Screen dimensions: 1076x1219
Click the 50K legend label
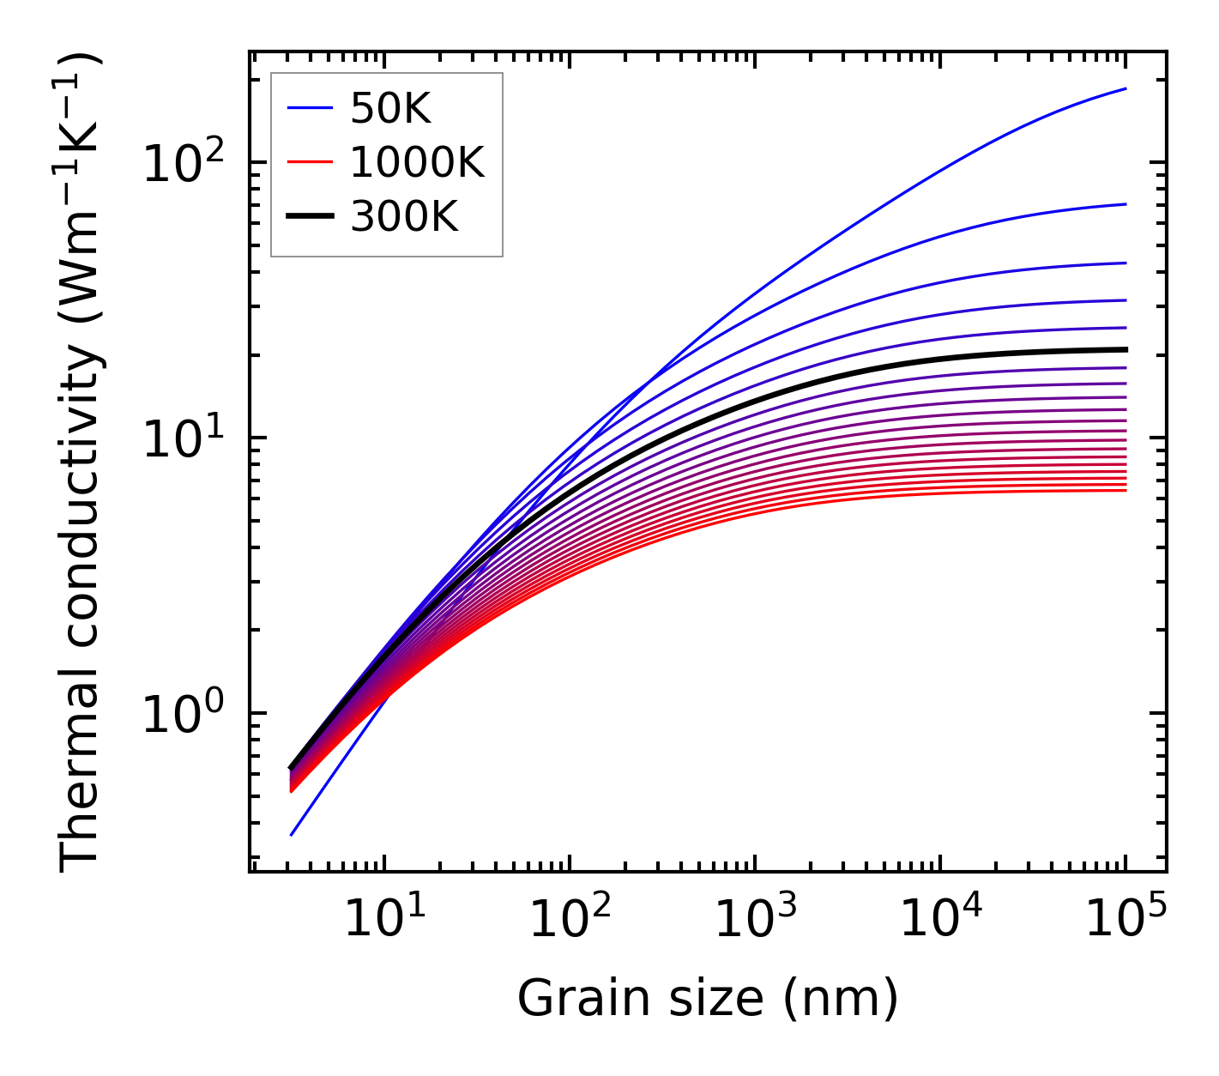pyautogui.click(x=389, y=108)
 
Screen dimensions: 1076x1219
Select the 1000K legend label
pyautogui.click(x=417, y=162)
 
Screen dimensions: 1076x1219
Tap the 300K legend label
pyautogui.click(x=404, y=217)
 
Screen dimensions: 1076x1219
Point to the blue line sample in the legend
pyautogui.click(x=309, y=108)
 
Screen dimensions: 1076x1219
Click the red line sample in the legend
pyautogui.click(x=309, y=162)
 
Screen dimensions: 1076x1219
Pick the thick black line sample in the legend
pyautogui.click(x=309, y=217)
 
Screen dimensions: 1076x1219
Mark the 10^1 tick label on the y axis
pyautogui.click(x=184, y=438)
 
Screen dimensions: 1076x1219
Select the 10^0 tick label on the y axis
pyautogui.click(x=184, y=713)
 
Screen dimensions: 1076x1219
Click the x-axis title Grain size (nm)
pyautogui.click(x=708, y=999)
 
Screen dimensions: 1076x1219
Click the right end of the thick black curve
pyautogui.click(x=1125, y=349)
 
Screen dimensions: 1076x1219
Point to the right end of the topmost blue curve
pyautogui.click(x=1125, y=88)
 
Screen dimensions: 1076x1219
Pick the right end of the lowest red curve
pyautogui.click(x=1125, y=490)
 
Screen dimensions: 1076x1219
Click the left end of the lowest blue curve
pyautogui.click(x=292, y=835)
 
